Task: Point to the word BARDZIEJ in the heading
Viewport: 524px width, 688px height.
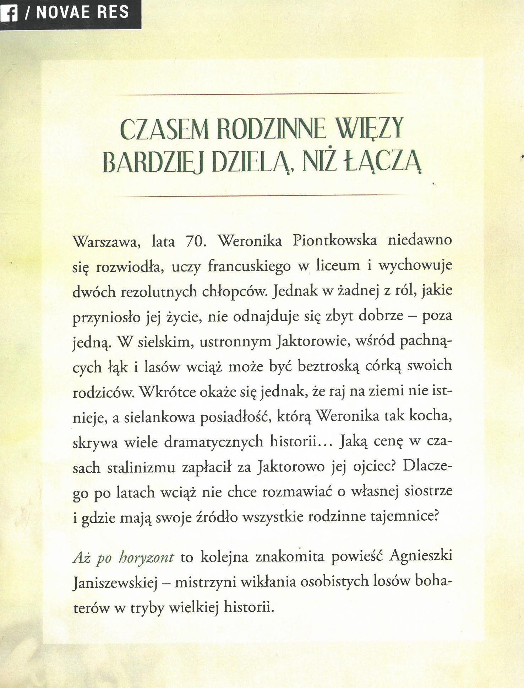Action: (x=153, y=162)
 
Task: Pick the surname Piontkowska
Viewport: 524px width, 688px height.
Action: (x=334, y=241)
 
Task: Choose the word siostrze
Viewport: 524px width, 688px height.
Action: (x=428, y=492)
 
